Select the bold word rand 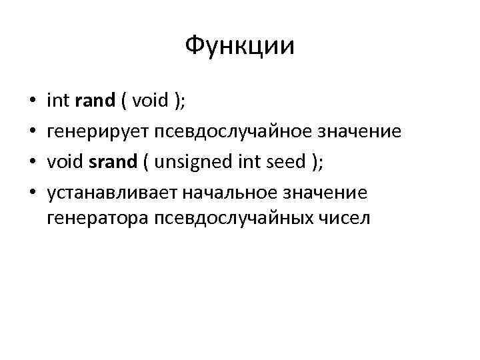click(x=96, y=101)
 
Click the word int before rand click(x=59, y=101)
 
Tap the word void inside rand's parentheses click(x=150, y=101)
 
